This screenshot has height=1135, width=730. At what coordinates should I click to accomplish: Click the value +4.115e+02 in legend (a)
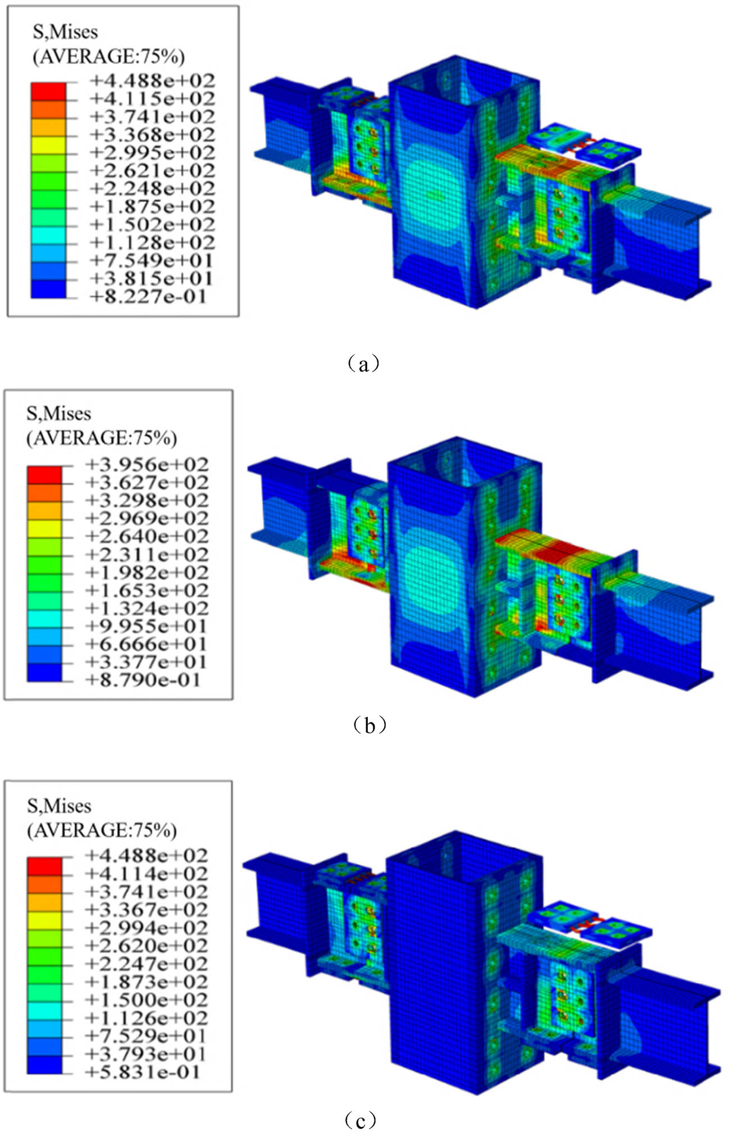tap(152, 99)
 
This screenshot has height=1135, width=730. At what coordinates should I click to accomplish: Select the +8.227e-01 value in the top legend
tap(148, 296)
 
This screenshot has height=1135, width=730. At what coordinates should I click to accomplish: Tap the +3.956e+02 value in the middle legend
tap(146, 465)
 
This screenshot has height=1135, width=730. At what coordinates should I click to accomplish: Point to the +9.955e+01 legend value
tap(146, 626)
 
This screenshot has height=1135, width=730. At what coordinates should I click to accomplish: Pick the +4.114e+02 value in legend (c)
tap(146, 873)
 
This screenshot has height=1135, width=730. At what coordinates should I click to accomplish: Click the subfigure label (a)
tap(364, 364)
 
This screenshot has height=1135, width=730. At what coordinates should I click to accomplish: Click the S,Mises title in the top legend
tap(65, 32)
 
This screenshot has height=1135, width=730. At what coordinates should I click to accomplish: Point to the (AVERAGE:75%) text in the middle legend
tap(102, 438)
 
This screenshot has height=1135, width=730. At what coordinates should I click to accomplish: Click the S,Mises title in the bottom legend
tap(59, 806)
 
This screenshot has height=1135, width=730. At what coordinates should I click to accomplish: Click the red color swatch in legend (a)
tap(48, 92)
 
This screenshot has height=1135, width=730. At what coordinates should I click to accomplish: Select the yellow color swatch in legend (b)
tap(44, 529)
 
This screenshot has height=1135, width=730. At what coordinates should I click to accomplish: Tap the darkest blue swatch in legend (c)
tap(44, 1064)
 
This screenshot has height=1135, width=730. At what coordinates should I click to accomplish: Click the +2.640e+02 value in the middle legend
tap(146, 537)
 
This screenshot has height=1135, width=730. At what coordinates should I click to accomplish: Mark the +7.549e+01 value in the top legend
tap(152, 261)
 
